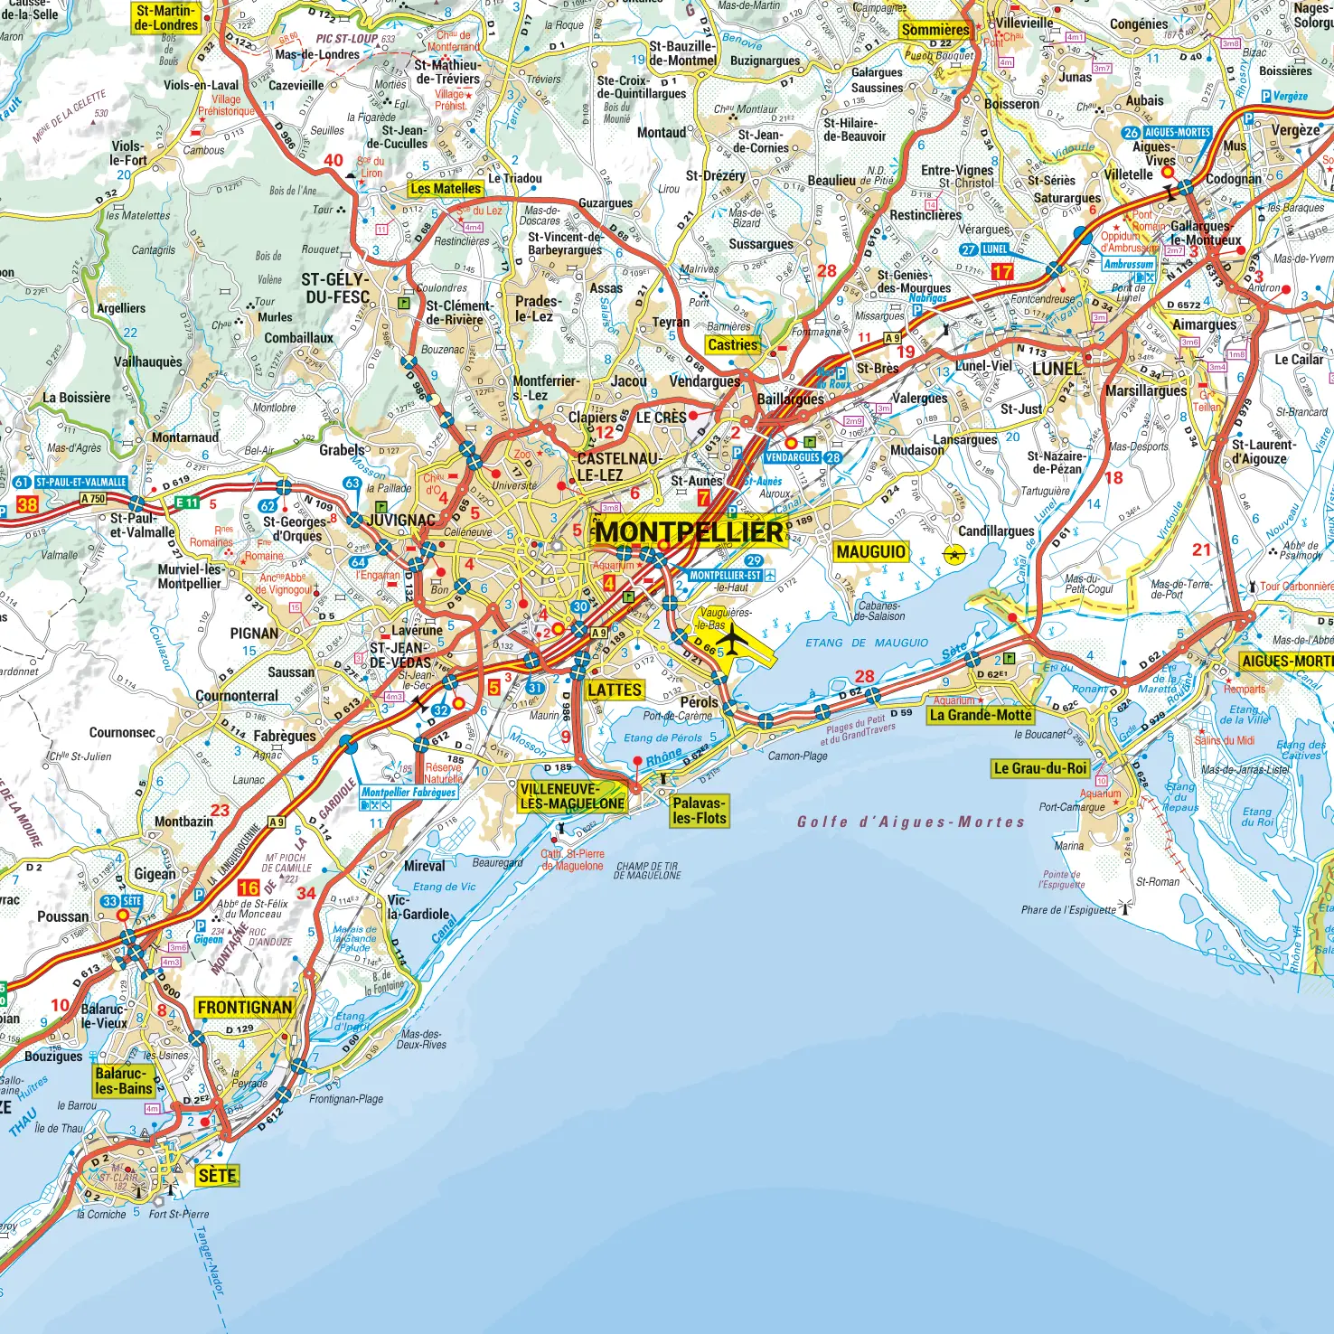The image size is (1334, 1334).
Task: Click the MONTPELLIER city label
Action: point(689,531)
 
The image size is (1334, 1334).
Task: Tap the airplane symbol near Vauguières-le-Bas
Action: point(734,640)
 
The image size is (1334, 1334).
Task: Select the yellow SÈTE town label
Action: point(217,1176)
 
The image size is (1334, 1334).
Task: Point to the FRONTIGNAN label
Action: point(245,1008)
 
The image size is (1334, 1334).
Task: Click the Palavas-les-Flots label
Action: point(699,811)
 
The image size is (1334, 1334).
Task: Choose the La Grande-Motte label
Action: point(981,715)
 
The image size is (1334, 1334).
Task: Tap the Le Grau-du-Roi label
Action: point(1040,768)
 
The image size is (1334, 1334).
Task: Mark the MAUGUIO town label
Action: point(870,552)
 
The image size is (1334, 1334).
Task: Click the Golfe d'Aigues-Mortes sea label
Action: point(910,822)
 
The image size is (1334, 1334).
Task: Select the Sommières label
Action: point(935,30)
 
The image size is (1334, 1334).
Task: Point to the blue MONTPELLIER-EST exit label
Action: point(726,576)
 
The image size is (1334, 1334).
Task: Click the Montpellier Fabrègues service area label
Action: point(409,793)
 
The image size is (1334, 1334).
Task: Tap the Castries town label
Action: point(733,344)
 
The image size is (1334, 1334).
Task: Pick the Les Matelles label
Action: point(446,188)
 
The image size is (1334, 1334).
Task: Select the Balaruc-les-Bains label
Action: point(124,1081)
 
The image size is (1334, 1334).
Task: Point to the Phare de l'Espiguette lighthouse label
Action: point(1068,910)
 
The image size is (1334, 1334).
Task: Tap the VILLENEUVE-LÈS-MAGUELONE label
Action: point(572,796)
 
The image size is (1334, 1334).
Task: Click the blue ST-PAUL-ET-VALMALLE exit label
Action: point(80,483)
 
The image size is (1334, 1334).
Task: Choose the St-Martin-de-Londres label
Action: point(166,18)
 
